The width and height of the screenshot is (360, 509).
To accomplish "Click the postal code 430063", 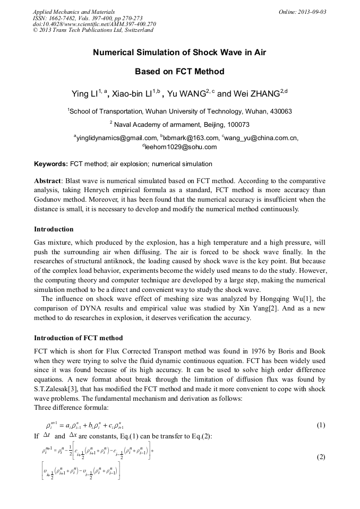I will pyautogui.click(x=279, y=111).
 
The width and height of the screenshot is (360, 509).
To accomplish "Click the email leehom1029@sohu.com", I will pyautogui.click(x=181, y=147).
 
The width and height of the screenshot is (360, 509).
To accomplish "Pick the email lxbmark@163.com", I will pyautogui.click(x=191, y=138).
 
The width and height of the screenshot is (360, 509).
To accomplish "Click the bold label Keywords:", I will pyautogui.click(x=51, y=164).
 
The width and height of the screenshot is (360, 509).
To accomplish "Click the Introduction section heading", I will pyautogui.click(x=54, y=229).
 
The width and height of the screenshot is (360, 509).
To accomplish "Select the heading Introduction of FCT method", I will pyautogui.click(x=78, y=338).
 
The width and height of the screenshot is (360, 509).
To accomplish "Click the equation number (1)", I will pyautogui.click(x=321, y=425).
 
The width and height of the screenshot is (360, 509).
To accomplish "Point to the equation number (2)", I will pyautogui.click(x=321, y=456).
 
